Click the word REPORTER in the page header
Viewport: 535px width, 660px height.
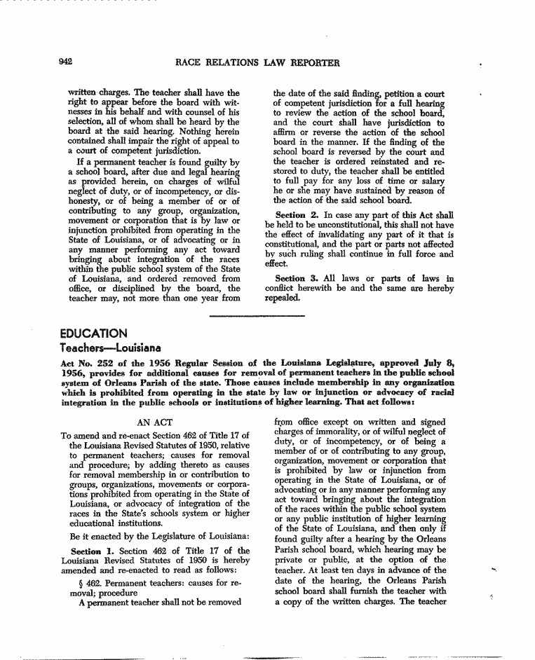(x=311, y=63)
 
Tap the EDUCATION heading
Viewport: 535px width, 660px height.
(x=93, y=334)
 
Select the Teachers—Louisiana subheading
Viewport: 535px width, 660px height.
(x=111, y=348)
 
